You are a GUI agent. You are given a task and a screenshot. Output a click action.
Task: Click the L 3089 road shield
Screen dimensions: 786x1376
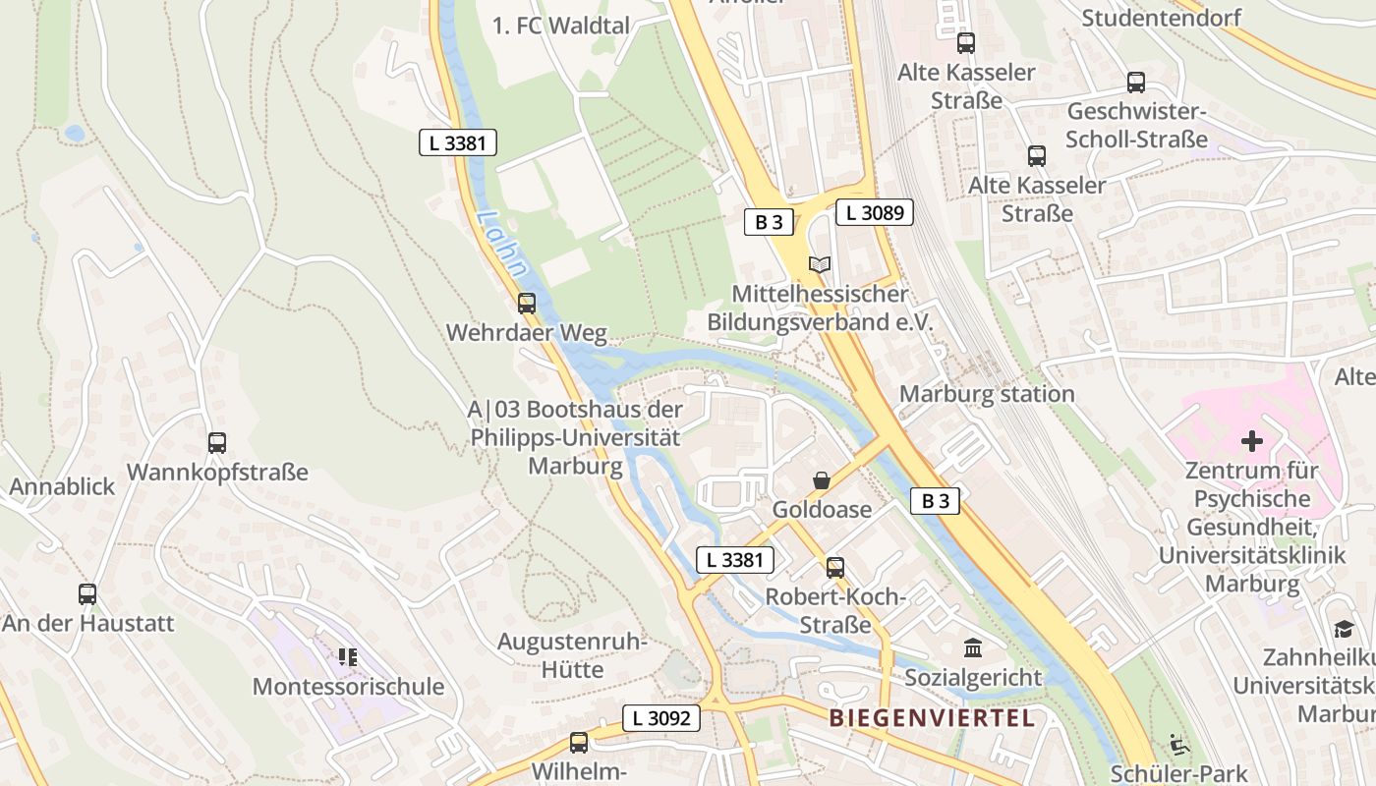coord(875,212)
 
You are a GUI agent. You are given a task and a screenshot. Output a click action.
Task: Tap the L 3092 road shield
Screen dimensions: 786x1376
coord(661,718)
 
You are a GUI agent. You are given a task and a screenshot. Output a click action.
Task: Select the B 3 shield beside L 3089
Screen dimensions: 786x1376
coord(769,222)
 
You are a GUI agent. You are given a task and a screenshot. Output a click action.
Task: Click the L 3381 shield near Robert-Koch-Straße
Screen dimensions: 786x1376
coord(735,560)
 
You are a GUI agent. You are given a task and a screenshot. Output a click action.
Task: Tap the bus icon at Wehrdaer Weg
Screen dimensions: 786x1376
coord(527,304)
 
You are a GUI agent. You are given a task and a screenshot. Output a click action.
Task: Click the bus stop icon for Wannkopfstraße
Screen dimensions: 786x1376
coord(217,443)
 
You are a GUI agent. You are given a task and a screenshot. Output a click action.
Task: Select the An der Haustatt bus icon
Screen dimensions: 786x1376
coord(87,594)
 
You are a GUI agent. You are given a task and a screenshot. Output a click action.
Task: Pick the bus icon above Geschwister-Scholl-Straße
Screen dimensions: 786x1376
coord(1136,83)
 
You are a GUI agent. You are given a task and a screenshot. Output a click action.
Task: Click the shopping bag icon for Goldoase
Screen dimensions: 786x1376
coord(821,480)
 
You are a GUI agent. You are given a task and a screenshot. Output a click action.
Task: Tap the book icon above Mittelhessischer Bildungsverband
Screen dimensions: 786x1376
coord(819,264)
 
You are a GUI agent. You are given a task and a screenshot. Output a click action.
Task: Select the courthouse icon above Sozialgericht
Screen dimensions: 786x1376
coord(973,648)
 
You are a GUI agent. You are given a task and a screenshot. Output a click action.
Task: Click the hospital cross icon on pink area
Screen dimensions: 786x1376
coord(1251,441)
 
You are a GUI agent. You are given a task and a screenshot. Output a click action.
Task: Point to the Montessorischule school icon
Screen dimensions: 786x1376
coord(347,656)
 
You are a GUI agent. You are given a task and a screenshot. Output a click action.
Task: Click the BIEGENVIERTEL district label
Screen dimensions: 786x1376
coord(932,718)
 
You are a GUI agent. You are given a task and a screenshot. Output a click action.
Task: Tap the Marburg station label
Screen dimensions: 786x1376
coord(987,394)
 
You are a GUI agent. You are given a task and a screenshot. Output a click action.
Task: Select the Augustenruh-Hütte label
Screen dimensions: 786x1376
coord(571,655)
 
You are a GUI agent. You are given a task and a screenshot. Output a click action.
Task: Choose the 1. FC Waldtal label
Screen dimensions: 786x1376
coord(560,26)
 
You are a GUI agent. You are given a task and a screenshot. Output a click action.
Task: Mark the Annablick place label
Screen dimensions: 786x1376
coord(62,486)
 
